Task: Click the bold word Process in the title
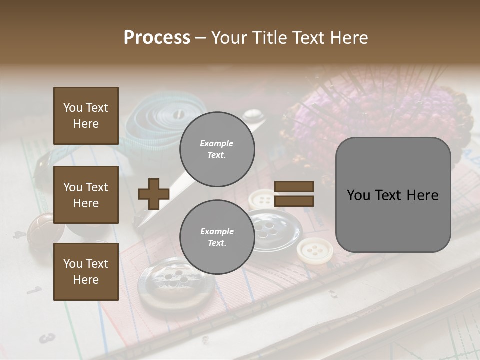(x=157, y=37)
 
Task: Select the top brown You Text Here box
(x=86, y=116)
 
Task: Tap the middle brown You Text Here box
(x=86, y=195)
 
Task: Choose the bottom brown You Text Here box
(x=86, y=271)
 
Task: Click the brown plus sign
(x=153, y=194)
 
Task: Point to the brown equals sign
(x=294, y=194)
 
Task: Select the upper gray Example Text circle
(x=217, y=149)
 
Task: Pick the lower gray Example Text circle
(x=217, y=237)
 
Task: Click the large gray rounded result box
(x=393, y=195)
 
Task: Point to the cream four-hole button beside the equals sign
(x=262, y=200)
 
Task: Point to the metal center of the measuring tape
(x=178, y=115)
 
